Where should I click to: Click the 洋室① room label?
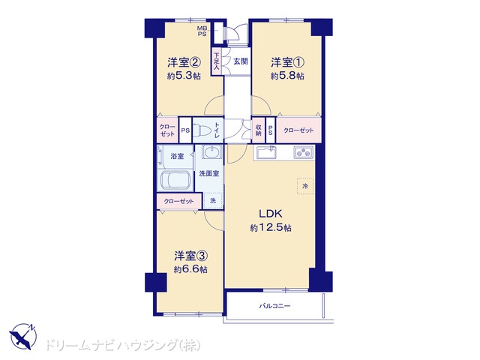(x=287, y=63)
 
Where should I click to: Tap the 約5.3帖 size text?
(x=184, y=76)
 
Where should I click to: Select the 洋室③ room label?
(x=191, y=256)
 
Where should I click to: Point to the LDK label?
(x=271, y=214)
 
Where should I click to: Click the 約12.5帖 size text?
(x=271, y=228)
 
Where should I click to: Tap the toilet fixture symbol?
(x=202, y=130)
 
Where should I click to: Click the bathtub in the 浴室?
(x=175, y=180)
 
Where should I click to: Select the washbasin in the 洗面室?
(x=212, y=151)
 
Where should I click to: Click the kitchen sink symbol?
(x=266, y=152)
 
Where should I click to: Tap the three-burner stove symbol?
(x=304, y=152)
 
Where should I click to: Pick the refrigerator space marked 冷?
(x=305, y=186)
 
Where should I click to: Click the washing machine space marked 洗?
(x=213, y=200)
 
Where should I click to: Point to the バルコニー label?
(x=274, y=306)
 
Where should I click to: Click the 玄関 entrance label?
(x=241, y=61)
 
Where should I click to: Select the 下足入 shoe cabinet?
(x=217, y=61)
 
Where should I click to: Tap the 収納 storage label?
(x=258, y=130)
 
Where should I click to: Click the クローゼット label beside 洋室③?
(x=179, y=201)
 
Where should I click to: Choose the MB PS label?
(x=202, y=31)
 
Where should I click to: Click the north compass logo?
(x=23, y=337)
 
